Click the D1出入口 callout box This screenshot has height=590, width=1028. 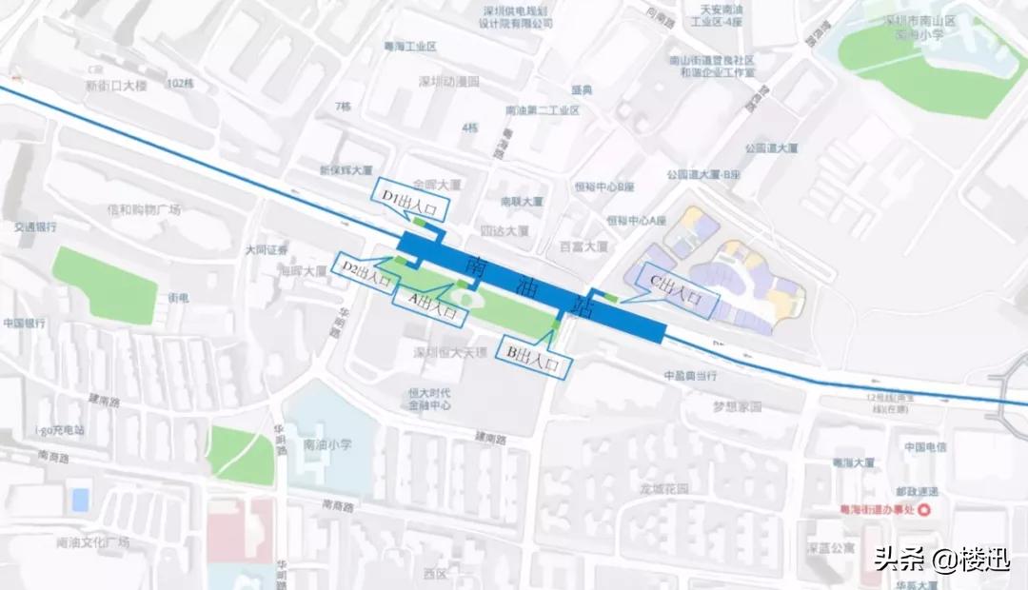click(x=403, y=198)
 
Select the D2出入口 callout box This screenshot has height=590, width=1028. click(x=366, y=273)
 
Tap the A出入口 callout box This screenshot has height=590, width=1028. click(x=430, y=306)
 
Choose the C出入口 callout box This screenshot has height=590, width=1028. click(x=681, y=287)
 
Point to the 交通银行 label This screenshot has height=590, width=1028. click(x=35, y=227)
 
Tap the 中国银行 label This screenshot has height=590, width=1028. click(x=25, y=323)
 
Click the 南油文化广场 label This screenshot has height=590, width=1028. click(x=92, y=542)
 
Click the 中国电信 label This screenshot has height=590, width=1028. click(x=924, y=446)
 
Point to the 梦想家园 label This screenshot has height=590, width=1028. click(x=738, y=406)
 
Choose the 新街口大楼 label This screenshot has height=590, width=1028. click(x=116, y=86)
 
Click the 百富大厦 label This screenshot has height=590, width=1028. click(x=583, y=246)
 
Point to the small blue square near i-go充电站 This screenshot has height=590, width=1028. click(x=81, y=499)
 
